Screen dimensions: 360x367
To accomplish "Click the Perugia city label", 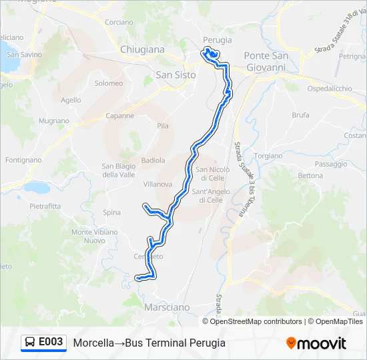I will (217, 40).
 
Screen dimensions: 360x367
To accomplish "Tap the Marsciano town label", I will (167, 307).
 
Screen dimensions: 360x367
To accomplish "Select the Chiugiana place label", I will (142, 49).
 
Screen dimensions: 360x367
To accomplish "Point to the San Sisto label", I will (175, 75).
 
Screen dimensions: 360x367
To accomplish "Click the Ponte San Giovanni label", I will (266, 61).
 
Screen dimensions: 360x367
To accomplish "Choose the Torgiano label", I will (268, 155).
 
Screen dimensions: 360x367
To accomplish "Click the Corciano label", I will (119, 22).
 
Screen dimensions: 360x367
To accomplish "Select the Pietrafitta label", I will (45, 206).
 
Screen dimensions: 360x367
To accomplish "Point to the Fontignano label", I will (23, 160).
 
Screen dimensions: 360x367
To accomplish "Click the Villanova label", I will (158, 184).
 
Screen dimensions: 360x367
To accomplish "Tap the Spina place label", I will (112, 213).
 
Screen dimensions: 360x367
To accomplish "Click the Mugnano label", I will (54, 121).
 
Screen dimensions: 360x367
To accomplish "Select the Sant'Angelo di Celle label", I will (211, 196).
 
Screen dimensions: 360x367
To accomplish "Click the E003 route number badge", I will (51, 343).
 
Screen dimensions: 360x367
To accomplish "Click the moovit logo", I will (316, 343).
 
